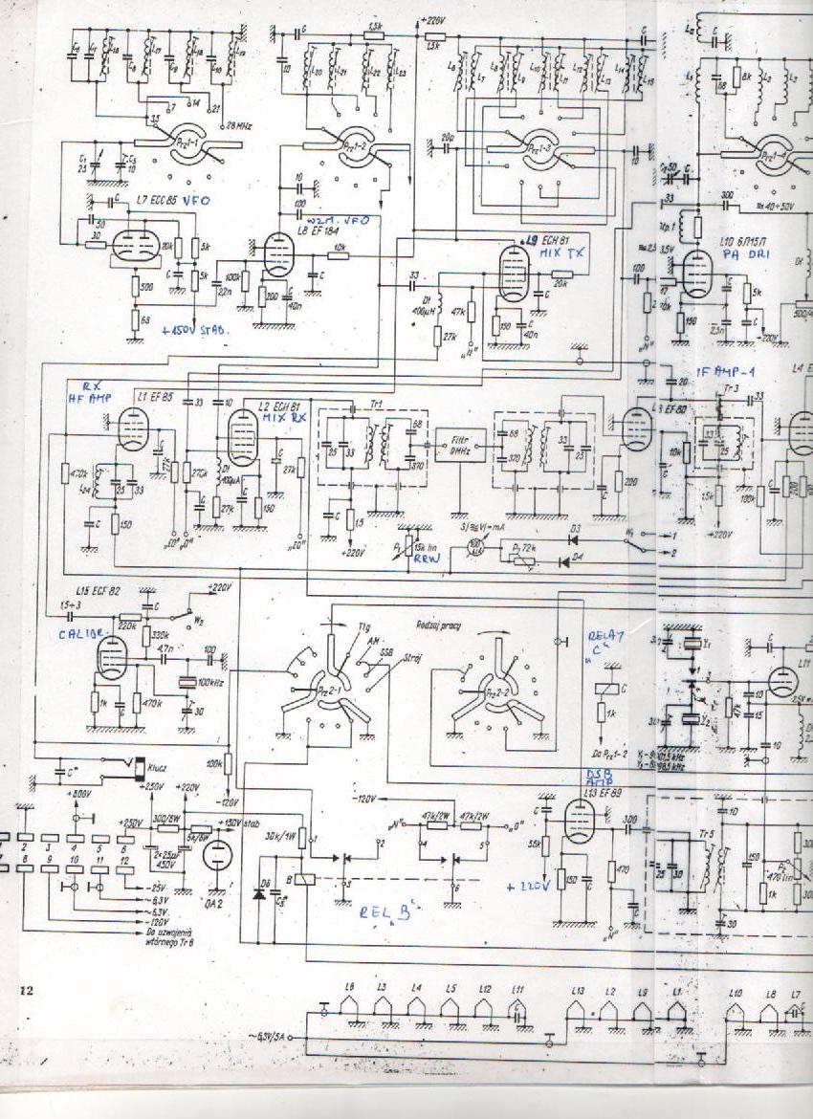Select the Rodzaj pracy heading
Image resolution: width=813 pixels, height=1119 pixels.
point(439,624)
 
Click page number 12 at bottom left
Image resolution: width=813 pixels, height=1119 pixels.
point(27,991)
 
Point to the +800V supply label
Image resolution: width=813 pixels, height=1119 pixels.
point(80,793)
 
